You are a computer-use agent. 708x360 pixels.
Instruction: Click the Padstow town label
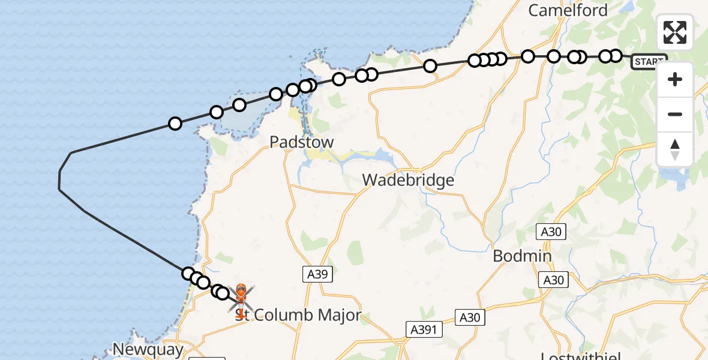(x=301, y=142)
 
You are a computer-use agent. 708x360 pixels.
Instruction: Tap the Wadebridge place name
(x=408, y=179)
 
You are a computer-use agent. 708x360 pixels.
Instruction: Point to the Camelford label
(x=568, y=10)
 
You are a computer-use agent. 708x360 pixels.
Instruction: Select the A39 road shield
(x=317, y=274)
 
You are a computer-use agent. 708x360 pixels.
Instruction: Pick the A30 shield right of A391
(x=470, y=317)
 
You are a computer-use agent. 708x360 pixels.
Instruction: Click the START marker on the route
(x=649, y=62)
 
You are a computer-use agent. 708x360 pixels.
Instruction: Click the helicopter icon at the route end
(x=241, y=297)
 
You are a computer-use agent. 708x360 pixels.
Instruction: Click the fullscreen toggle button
(x=675, y=32)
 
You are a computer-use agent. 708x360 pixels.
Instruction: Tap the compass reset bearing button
(x=675, y=149)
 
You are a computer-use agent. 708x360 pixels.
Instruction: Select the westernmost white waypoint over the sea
(x=175, y=124)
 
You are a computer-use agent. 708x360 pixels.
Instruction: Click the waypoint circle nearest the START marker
(x=615, y=56)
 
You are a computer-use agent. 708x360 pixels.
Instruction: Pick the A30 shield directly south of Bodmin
(x=553, y=280)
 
